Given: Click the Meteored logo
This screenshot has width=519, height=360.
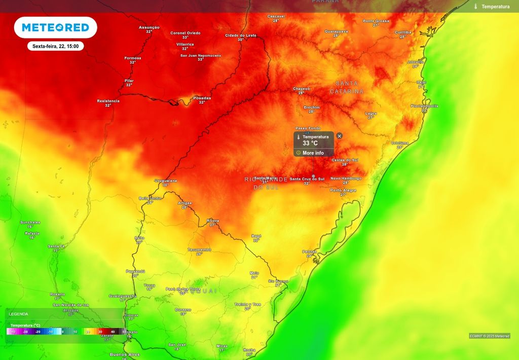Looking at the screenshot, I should coord(55,27).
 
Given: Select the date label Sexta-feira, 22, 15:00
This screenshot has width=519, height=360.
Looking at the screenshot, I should coord(55,46).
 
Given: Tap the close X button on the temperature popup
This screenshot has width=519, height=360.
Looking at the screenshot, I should coord(340,136).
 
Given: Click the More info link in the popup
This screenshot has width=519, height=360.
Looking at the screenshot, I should coord(313,153).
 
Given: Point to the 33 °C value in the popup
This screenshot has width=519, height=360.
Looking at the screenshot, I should coord(310,143).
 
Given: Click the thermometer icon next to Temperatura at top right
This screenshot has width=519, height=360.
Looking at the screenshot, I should coord(476,7).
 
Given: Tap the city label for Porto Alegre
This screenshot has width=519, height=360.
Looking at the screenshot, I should coord(343,190).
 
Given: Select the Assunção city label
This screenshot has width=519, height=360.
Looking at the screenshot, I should coord(149,27).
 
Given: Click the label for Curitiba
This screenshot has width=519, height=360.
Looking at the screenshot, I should coord(403,32).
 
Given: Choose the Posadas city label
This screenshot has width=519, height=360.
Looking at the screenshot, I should coord(202,98).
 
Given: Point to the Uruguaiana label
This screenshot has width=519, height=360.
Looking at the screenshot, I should coord(166,181).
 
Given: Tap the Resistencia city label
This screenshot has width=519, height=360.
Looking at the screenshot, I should coord(108,101).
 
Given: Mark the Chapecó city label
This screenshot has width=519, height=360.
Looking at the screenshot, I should coord(301,89).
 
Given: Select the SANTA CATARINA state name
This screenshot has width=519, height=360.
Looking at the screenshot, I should coord(347,87).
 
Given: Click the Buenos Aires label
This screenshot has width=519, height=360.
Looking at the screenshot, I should coord(125,354).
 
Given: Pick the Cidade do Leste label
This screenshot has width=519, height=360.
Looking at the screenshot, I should coord(241,35).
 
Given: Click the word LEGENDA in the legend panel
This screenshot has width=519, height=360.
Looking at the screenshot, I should coord(18,314).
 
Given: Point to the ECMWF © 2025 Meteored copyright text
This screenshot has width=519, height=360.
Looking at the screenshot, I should coord(489,336).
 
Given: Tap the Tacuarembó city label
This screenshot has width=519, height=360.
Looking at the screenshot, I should coord(199,249).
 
